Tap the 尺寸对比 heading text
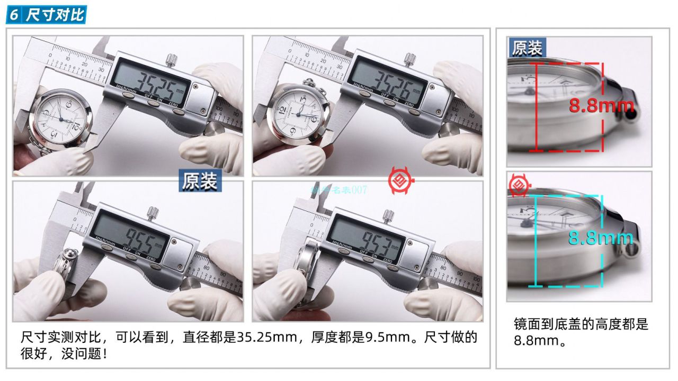click(x=55, y=15)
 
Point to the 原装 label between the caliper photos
click(x=200, y=180)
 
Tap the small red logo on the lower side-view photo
click(x=518, y=185)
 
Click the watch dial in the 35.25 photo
click(x=61, y=120)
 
